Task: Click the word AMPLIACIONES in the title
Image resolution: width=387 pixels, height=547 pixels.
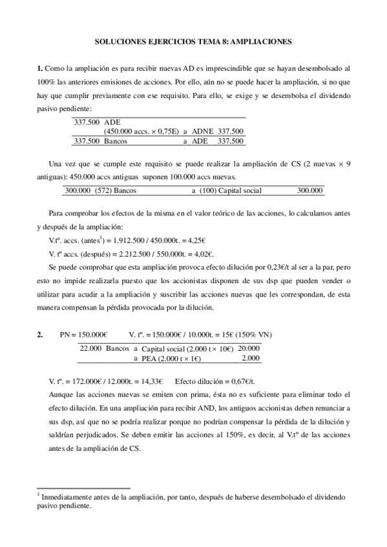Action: pos(257,41)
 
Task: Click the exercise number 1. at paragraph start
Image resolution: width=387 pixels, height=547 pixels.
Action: pos(39,68)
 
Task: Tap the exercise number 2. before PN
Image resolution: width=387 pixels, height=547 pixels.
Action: pos(40,334)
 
